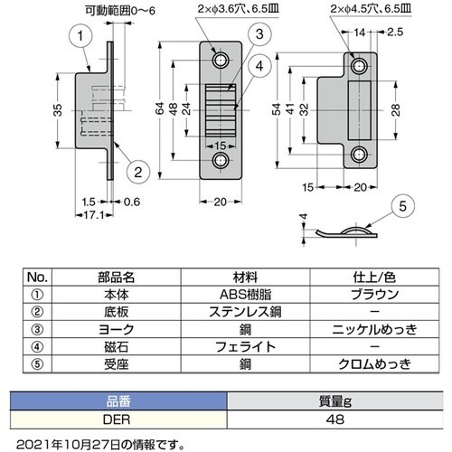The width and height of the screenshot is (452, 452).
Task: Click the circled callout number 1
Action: point(80,36)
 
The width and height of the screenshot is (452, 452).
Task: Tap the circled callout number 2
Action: point(138,172)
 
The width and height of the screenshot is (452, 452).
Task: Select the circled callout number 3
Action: point(259,34)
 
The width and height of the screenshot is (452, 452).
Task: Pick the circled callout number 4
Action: point(259,66)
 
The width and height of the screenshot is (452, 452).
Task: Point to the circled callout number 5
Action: point(402,206)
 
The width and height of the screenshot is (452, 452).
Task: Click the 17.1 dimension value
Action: point(94,215)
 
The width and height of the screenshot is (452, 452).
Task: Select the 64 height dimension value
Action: point(160,108)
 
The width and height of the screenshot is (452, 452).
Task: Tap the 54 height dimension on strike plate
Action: point(277,109)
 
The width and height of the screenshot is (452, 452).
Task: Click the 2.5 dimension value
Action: point(395,32)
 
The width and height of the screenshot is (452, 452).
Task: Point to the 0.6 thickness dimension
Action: point(132,202)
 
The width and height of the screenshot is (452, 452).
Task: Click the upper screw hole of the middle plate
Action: point(221,61)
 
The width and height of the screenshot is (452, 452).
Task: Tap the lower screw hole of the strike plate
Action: point(358,155)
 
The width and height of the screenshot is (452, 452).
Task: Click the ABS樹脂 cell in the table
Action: point(245,295)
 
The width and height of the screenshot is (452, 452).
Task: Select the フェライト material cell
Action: point(245,347)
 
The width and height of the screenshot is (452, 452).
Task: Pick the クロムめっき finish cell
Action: point(374,364)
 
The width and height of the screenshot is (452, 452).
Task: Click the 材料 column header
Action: point(245,277)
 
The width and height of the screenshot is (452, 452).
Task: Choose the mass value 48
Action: point(334,419)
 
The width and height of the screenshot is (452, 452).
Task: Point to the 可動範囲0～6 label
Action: point(120,11)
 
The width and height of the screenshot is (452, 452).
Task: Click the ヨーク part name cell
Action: point(117,329)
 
